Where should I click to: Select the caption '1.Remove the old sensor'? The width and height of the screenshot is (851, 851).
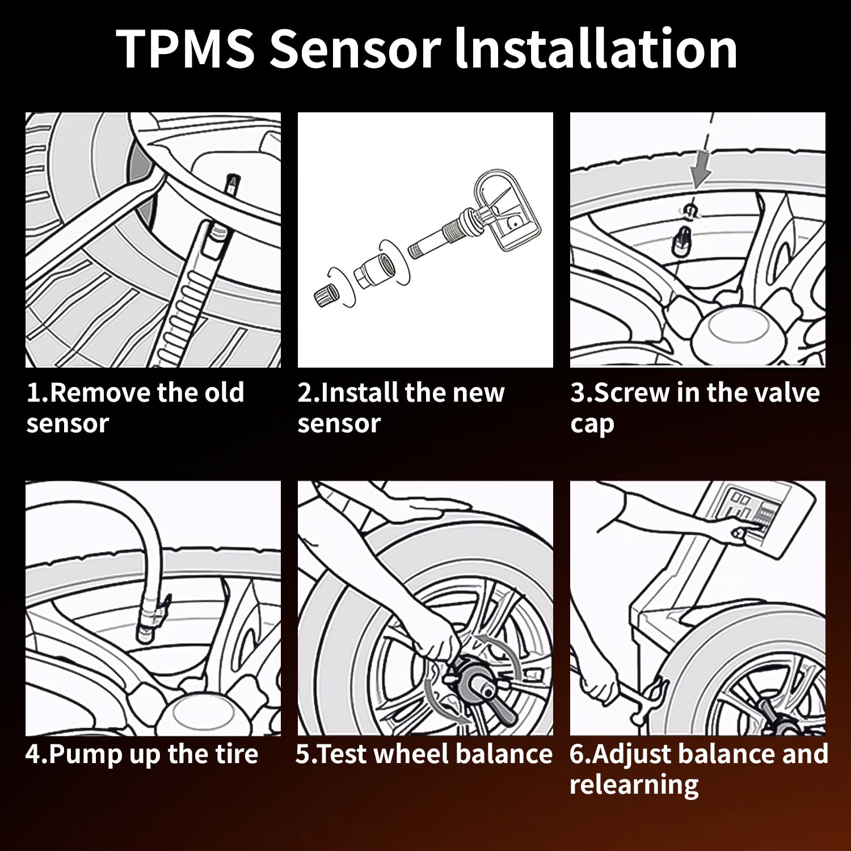pyautogui.click(x=135, y=408)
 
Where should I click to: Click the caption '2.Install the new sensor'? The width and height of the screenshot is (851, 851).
pyautogui.click(x=401, y=408)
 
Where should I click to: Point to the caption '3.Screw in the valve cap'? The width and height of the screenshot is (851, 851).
pyautogui.click(x=695, y=408)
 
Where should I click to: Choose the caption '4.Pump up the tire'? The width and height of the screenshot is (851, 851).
pyautogui.click(x=142, y=755)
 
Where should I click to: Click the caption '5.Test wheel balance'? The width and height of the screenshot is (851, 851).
pyautogui.click(x=424, y=754)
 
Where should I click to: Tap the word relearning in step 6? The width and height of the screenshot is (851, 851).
pyautogui.click(x=634, y=785)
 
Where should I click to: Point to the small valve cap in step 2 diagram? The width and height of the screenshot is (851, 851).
pyautogui.click(x=326, y=294)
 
